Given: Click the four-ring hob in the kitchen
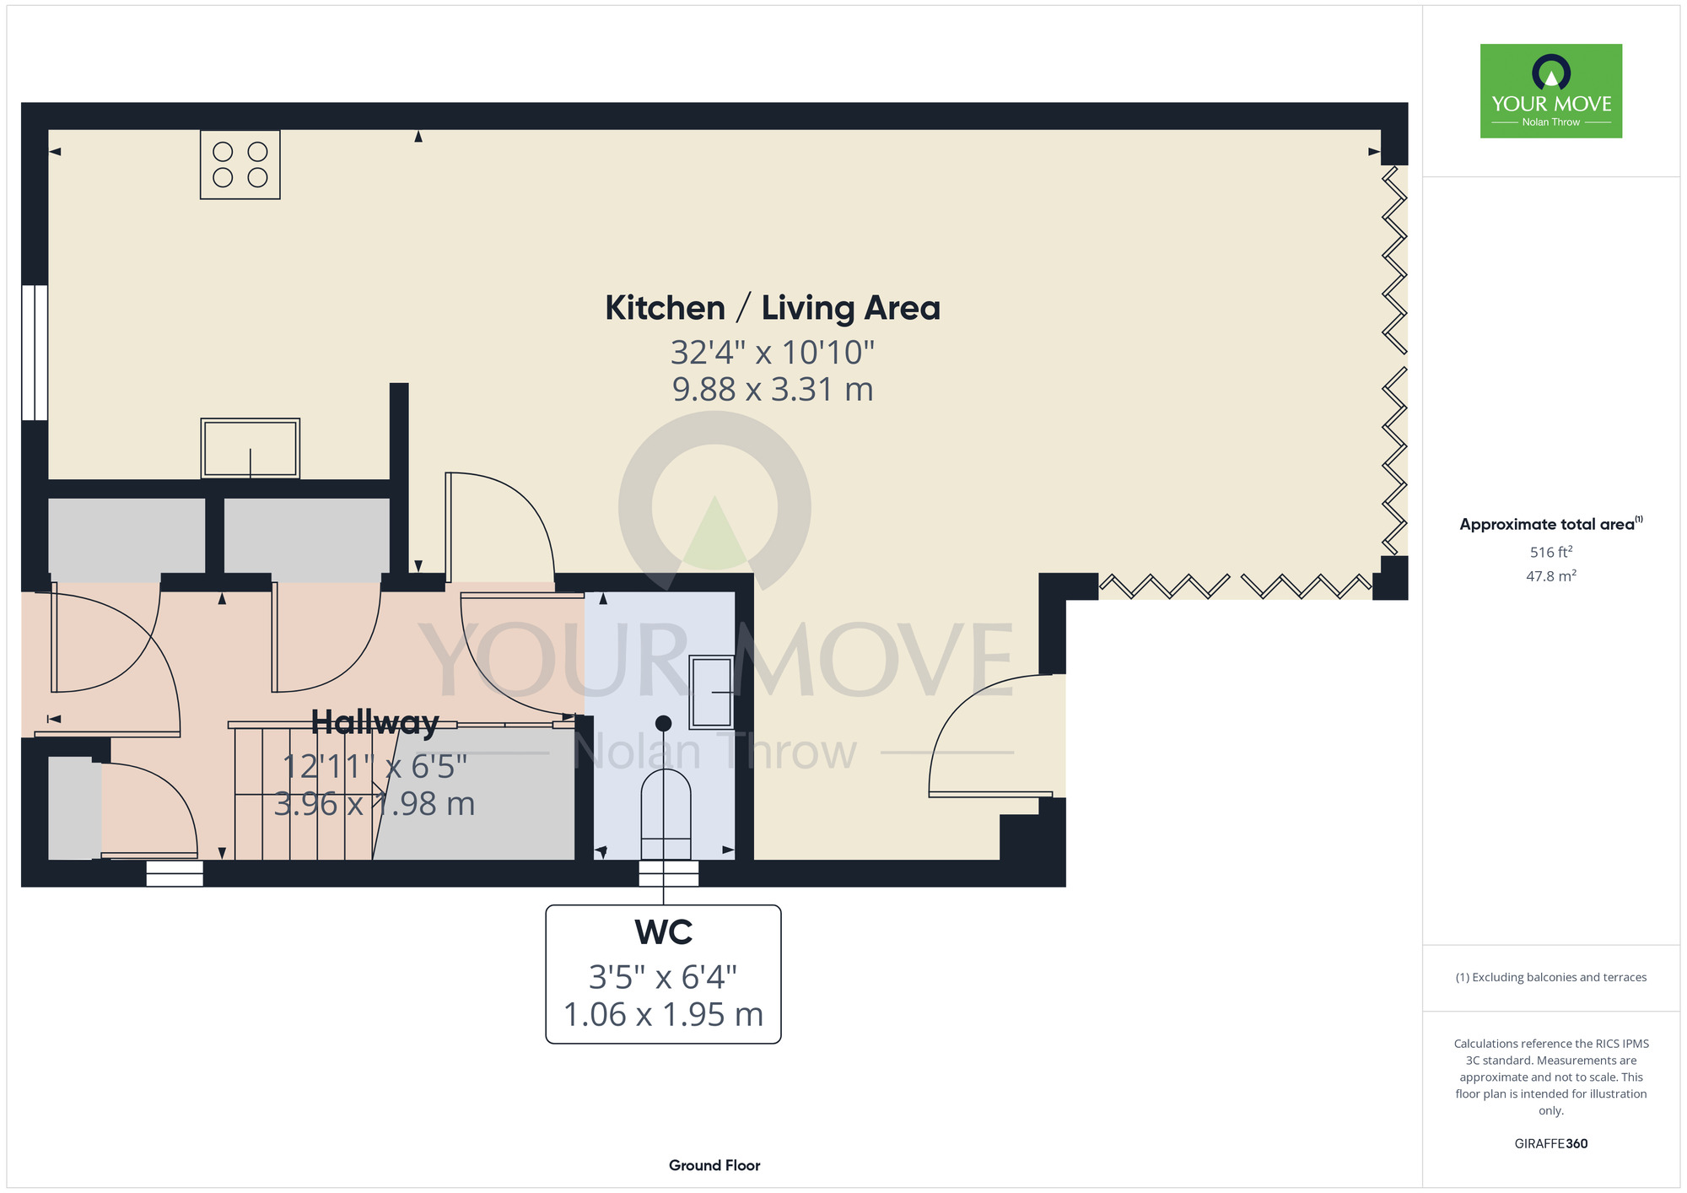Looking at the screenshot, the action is (240, 165).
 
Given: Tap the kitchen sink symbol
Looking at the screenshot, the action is (251, 448).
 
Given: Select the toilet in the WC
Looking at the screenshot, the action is (666, 814).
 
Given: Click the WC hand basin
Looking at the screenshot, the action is (712, 692).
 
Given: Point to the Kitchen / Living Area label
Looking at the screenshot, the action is (773, 308).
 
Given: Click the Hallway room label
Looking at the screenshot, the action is (375, 722).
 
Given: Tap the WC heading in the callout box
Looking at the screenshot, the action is (664, 932).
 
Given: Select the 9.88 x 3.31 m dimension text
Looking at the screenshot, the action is (773, 389).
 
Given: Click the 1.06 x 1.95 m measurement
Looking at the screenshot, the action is (663, 1014).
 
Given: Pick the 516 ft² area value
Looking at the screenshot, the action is (1551, 552).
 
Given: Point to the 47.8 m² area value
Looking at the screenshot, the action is (1551, 576).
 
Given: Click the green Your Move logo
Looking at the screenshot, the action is (1551, 91).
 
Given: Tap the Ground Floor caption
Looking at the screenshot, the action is (714, 1165).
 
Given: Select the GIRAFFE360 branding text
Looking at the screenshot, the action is (1551, 1144).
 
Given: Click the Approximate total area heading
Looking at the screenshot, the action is (1550, 524).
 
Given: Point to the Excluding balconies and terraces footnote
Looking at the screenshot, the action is (1551, 977).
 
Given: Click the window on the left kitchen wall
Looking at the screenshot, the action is (35, 353).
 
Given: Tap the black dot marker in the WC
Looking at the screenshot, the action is (664, 723).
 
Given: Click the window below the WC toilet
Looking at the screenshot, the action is (669, 873).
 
